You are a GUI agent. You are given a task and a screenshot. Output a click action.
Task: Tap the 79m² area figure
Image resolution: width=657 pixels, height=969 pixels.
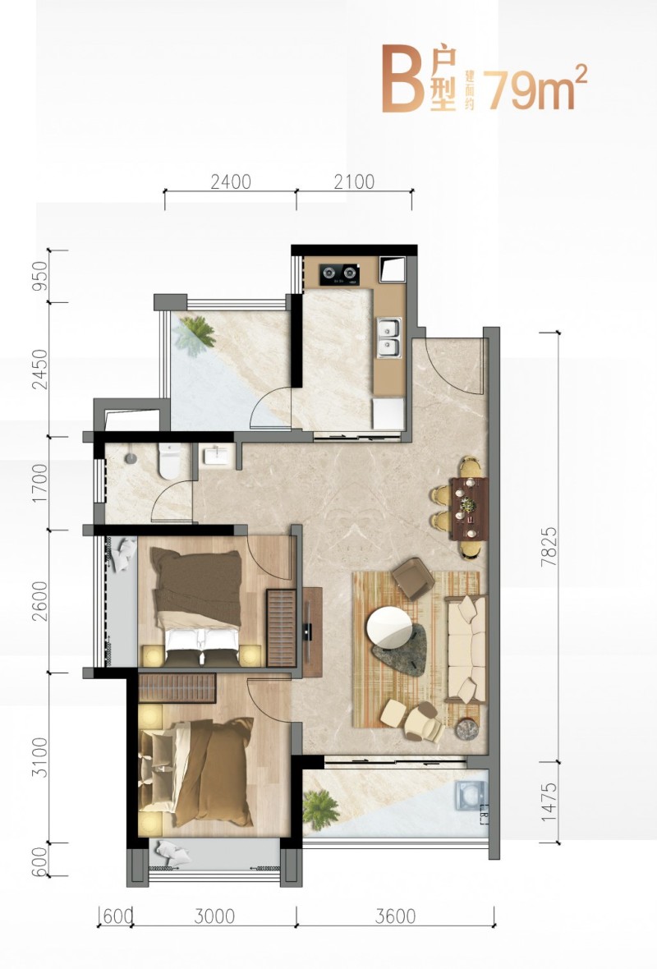[x=536, y=88]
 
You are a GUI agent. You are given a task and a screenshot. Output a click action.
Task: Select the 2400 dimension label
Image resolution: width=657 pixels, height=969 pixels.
[x=231, y=181]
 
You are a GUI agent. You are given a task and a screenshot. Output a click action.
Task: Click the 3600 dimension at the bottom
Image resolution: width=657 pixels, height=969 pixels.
[x=395, y=916]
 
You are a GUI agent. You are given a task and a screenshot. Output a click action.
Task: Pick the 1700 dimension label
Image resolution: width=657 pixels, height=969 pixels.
[x=39, y=483]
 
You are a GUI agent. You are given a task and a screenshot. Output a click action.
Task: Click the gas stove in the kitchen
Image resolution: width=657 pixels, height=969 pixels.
[x=339, y=273]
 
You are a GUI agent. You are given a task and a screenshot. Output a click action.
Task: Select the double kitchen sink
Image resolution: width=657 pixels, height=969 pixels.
[x=389, y=338]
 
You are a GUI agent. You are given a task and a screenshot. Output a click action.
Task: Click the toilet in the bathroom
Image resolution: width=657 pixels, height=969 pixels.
[x=168, y=461]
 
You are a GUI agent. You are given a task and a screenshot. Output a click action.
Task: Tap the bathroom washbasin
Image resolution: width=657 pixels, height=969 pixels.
[x=214, y=456]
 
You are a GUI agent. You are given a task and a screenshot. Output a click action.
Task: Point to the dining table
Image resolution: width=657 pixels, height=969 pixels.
[x=469, y=507]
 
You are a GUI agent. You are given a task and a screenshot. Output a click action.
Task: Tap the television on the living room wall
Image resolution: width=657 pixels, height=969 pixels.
[x=308, y=631]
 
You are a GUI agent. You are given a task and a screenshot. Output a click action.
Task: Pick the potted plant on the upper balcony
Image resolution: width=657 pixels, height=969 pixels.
[x=195, y=334]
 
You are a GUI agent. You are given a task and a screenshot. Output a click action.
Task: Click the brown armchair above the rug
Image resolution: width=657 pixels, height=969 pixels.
[x=412, y=577]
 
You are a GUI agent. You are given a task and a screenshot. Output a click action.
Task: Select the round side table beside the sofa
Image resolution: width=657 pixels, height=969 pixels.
[x=467, y=729]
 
